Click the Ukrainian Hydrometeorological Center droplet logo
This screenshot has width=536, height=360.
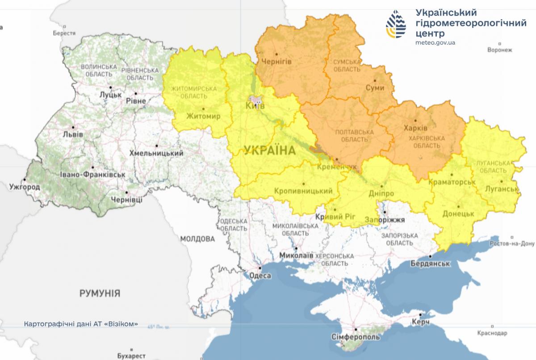397,24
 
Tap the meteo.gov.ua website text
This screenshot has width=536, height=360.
435,42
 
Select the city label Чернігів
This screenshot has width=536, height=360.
276,62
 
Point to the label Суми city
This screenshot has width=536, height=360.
375,88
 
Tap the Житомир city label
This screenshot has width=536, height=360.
203,117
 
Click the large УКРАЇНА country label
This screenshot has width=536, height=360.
270,151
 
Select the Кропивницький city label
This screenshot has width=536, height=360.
303,191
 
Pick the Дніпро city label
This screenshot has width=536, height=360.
381,194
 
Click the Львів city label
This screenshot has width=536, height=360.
73,134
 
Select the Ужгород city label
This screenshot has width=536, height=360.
25,187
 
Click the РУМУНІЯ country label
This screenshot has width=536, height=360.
100,293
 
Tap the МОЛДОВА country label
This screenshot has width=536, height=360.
197,239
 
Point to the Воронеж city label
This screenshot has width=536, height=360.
499,50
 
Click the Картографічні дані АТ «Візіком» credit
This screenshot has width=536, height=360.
81,324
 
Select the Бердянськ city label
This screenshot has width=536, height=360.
430,264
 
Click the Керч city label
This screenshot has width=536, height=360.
421,322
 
